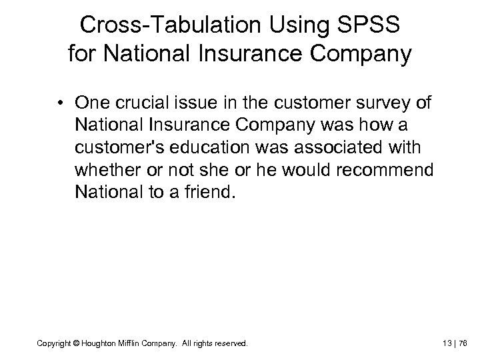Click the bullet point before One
[61, 104]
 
